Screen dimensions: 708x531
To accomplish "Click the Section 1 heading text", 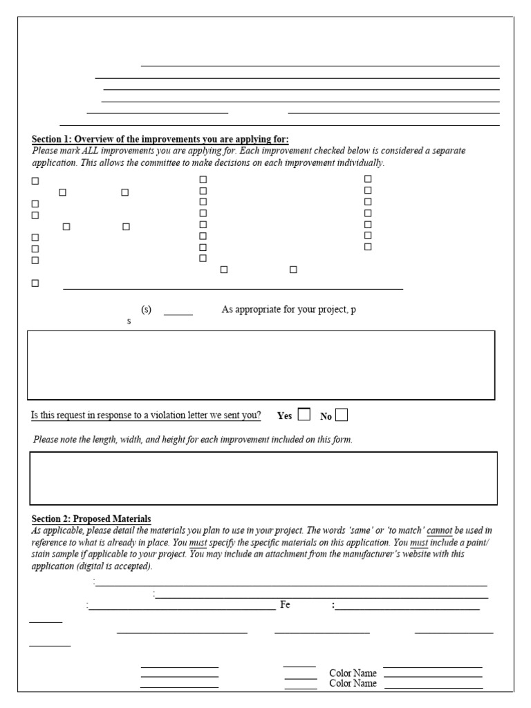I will click(x=160, y=139).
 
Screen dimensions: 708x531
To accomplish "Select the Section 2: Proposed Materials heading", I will click(x=91, y=519).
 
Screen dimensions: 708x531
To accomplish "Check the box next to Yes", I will click(x=304, y=415).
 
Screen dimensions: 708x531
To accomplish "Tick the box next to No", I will click(x=341, y=415).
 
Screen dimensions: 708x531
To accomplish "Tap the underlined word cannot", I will click(x=440, y=530).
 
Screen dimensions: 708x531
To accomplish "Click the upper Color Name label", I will click(x=353, y=673).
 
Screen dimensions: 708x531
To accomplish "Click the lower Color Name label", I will click(x=353, y=683).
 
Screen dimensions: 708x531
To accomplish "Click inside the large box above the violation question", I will click(x=261, y=365).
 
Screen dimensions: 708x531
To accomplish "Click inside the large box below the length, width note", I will click(x=263, y=478).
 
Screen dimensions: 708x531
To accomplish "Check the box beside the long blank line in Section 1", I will click(x=35, y=283).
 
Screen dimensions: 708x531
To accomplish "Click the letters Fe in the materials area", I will click(x=285, y=605).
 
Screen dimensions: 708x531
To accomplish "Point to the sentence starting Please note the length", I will click(x=192, y=440).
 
